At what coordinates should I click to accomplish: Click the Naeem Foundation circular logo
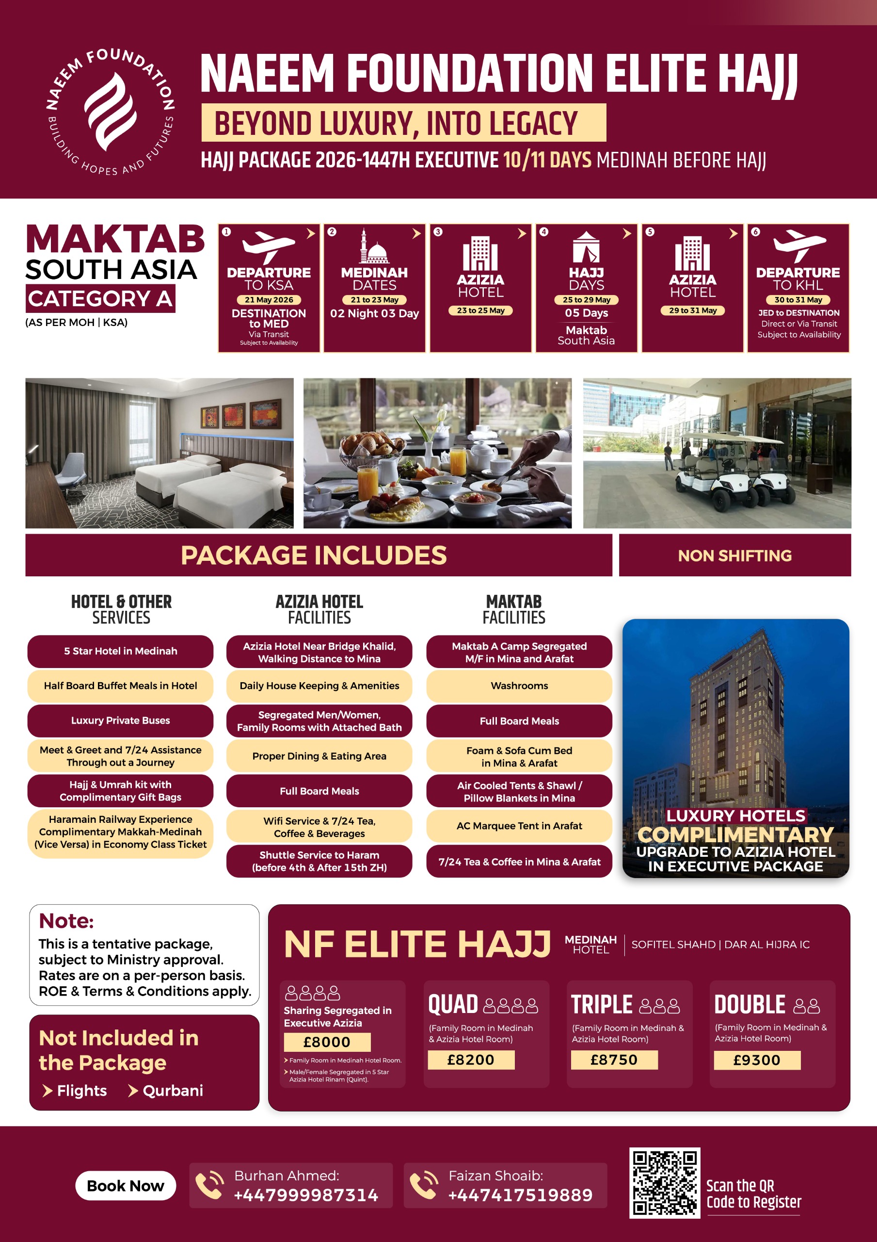111,112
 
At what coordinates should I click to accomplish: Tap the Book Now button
126,1186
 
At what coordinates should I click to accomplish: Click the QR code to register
665,1182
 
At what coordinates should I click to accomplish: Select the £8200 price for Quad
471,1060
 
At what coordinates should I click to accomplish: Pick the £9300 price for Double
757,1060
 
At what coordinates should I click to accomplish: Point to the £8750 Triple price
614,1060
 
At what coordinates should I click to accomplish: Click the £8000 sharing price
327,1042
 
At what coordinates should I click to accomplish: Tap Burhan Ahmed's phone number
306,1194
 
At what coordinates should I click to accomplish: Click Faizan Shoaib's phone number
521,1194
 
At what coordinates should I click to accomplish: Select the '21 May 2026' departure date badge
269,300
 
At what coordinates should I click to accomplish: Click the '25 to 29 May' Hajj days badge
587,300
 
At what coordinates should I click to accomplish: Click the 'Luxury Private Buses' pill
121,720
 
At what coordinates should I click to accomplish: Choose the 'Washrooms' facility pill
519,686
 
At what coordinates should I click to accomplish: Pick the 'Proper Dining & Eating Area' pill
319,756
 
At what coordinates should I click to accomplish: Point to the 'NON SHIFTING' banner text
735,556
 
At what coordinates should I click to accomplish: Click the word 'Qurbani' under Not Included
173,1091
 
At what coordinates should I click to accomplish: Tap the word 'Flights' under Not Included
81,1091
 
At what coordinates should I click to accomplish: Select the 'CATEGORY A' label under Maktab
100,298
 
